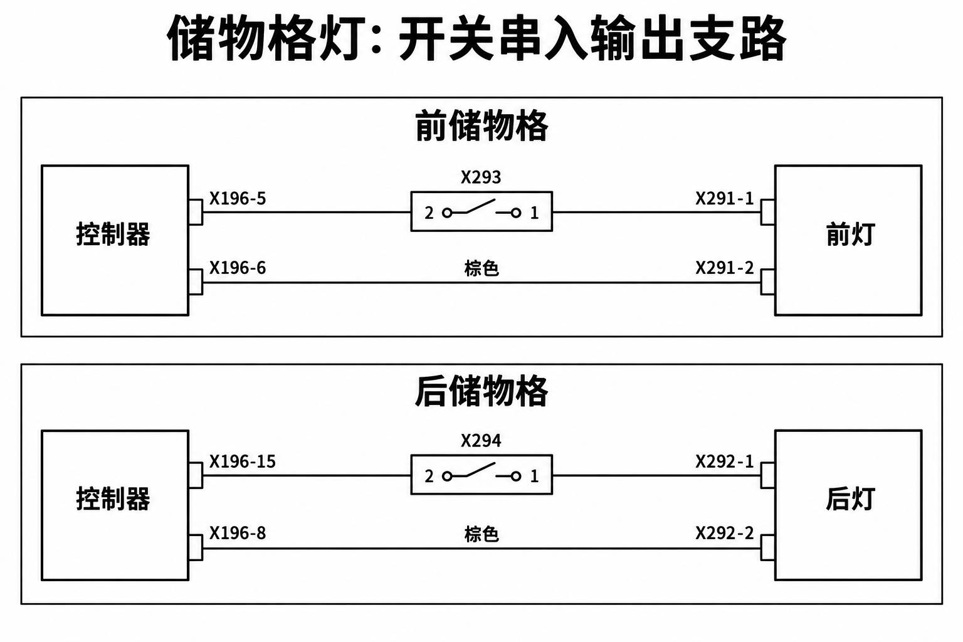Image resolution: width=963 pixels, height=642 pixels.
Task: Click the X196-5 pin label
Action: [x=238, y=199]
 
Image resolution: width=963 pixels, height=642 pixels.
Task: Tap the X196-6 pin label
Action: [x=238, y=268]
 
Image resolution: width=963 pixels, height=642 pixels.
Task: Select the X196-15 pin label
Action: [x=242, y=462]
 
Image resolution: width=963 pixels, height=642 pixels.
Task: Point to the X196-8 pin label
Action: [x=238, y=533]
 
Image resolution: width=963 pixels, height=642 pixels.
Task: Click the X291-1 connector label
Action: [x=725, y=199]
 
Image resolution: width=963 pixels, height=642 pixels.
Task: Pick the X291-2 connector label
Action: [x=725, y=268]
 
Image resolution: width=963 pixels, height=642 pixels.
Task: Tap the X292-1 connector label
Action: [x=725, y=462]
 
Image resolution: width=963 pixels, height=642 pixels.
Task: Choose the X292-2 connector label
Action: [x=725, y=533]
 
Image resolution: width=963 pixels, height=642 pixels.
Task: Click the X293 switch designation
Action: [x=481, y=177]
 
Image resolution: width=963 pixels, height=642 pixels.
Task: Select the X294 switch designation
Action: [x=481, y=441]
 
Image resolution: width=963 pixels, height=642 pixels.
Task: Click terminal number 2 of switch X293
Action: [x=429, y=213]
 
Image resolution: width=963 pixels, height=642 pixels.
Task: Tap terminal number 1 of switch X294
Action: [x=534, y=476]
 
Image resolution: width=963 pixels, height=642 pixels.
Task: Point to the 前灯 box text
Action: [x=850, y=234]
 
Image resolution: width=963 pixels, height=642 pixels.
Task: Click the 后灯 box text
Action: [x=850, y=499]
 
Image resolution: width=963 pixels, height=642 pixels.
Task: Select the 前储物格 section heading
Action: [x=481, y=125]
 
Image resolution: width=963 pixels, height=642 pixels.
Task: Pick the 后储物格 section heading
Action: [x=481, y=391]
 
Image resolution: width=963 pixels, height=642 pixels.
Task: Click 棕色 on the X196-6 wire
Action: [x=481, y=268]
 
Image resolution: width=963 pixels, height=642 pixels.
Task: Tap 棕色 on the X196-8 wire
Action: [x=481, y=534]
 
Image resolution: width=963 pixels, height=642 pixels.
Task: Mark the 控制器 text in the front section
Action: [x=113, y=234]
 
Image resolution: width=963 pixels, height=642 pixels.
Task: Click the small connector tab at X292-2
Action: [x=768, y=547]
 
